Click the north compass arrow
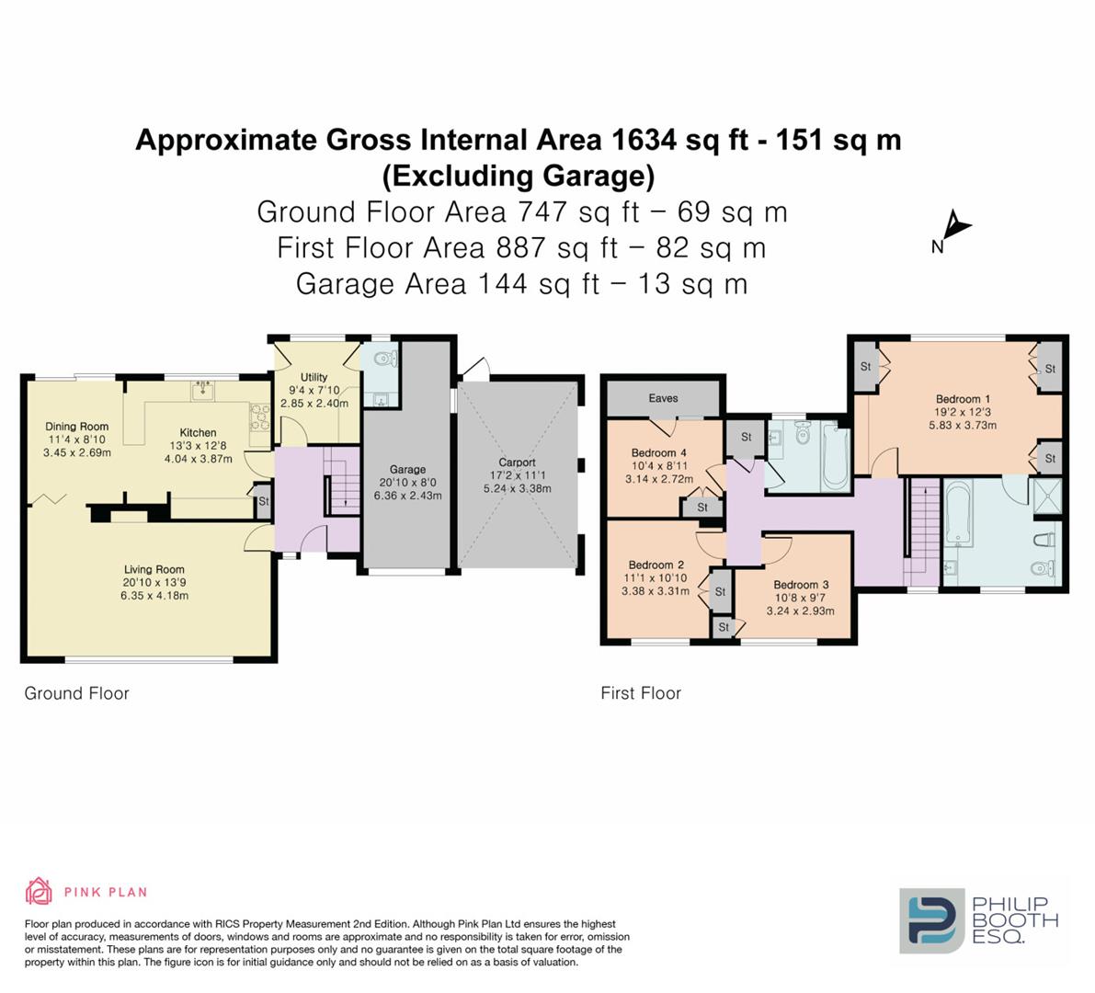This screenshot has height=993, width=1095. [956, 226]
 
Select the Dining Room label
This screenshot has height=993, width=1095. [77, 427]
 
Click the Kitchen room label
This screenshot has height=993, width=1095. [198, 433]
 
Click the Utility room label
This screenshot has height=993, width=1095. [314, 378]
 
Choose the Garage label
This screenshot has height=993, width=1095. [407, 470]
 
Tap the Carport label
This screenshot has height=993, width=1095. [517, 462]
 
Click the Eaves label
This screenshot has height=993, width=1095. [663, 398]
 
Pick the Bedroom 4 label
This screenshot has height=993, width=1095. [658, 453]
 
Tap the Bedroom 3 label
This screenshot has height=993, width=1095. [801, 585]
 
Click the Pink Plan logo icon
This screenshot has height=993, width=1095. [39, 891]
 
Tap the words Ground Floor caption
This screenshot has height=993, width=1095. [76, 694]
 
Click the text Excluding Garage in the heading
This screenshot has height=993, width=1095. [518, 175]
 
